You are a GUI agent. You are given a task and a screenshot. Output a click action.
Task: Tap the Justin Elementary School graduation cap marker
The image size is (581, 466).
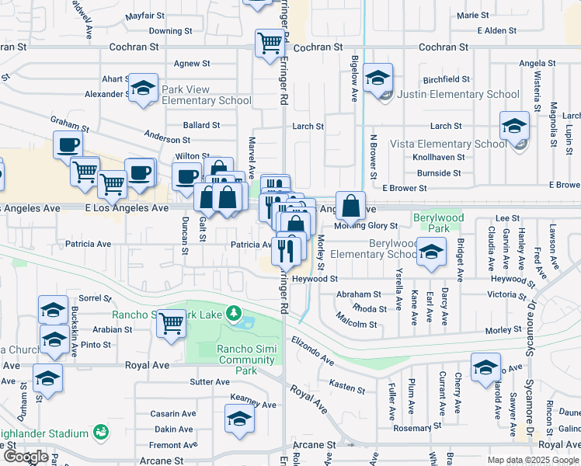click(378, 79)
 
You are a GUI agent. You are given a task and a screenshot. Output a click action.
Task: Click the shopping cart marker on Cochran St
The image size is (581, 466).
click(270, 43)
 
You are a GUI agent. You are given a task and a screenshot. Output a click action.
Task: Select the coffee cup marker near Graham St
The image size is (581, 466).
click(68, 144)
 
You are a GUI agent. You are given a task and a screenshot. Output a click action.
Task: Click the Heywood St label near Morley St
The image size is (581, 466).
click(315, 278)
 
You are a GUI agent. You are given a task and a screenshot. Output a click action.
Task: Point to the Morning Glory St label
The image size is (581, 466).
click(366, 226)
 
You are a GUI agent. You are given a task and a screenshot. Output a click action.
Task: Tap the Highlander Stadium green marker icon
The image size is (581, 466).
click(99, 432)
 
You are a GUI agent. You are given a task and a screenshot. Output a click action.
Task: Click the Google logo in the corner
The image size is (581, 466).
click(25, 456)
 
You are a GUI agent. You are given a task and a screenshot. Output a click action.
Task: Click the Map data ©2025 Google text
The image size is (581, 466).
click(533, 460)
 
